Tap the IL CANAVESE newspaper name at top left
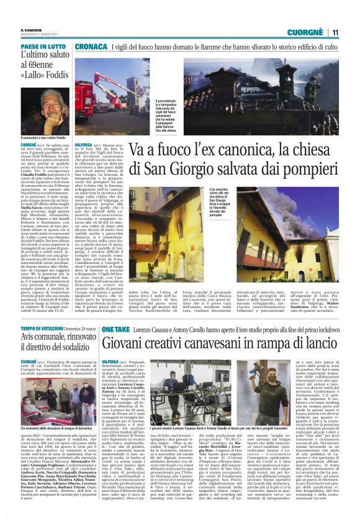tap(32, 29)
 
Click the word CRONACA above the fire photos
tap(91, 47)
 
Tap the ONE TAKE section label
tap(99, 327)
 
